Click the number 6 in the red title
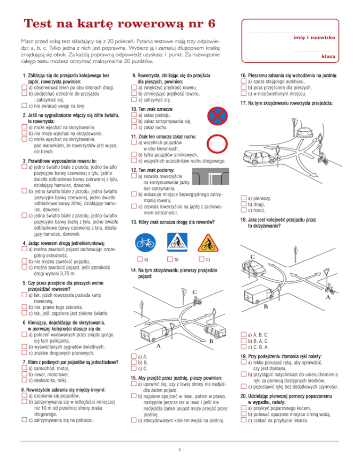click(x=211, y=23)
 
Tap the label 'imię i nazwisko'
click(x=314, y=38)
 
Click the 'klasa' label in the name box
click(x=328, y=56)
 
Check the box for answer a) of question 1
click(x=24, y=87)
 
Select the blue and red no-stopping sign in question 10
click(x=217, y=116)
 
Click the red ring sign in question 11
click(x=217, y=144)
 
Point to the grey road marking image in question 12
click(x=211, y=176)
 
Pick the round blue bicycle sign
click(x=145, y=243)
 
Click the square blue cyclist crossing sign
click(x=178, y=242)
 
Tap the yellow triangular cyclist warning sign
click(x=208, y=243)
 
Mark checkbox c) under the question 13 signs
click(x=202, y=259)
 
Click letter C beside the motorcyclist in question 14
click(x=195, y=292)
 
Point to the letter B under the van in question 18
click(x=266, y=307)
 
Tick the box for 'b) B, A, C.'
click(x=243, y=340)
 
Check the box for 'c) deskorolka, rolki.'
click(x=24, y=380)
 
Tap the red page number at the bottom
click(x=180, y=450)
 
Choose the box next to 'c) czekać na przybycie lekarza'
click(x=243, y=420)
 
